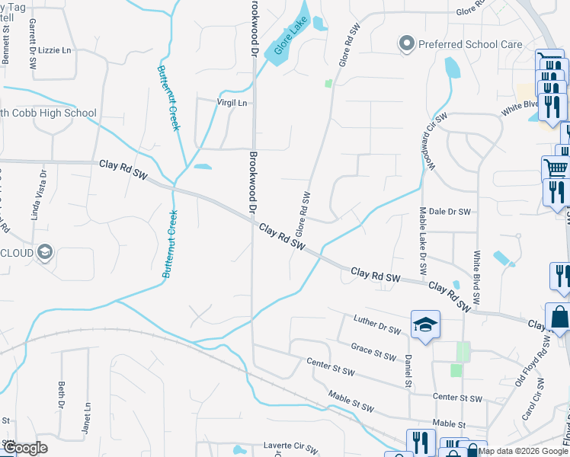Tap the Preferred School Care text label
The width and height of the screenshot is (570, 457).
pyautogui.click(x=470, y=44)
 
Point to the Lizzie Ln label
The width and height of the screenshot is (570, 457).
pyautogui.click(x=55, y=50)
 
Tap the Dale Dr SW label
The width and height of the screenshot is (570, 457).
pyautogui.click(x=450, y=212)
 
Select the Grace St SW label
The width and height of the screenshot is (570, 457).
pyautogui.click(x=373, y=351)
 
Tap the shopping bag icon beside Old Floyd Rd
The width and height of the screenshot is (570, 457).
pyautogui.click(x=560, y=316)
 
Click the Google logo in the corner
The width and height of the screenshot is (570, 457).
pyautogui.click(x=25, y=448)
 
